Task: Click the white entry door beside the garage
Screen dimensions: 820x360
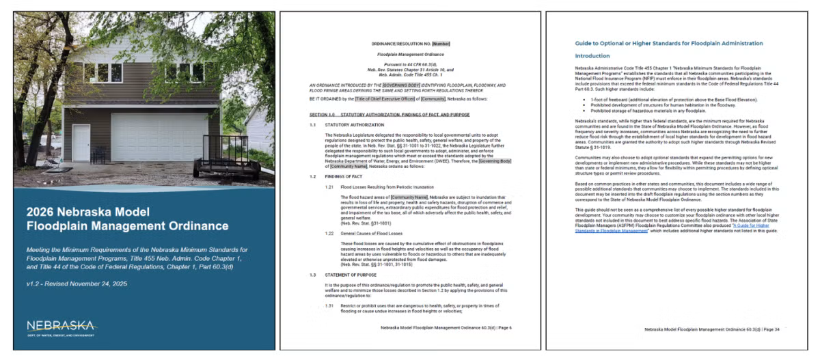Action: point(81,142)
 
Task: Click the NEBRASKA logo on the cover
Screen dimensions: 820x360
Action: point(61,327)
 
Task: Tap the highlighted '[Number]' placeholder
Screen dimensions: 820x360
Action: point(441,43)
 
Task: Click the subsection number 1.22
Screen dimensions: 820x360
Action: point(329,233)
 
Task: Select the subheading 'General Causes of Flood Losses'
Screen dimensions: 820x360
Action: point(370,233)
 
